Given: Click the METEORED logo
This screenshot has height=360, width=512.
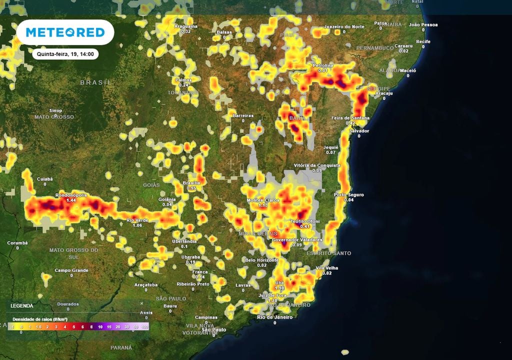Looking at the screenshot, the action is [65, 32].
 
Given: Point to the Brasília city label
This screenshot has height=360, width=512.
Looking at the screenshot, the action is [191, 183].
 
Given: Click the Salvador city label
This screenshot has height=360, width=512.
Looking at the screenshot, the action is [359, 131].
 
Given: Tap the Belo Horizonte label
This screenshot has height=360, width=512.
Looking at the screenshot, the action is [261, 260].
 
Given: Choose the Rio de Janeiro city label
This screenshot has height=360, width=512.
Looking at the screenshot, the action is [274, 317].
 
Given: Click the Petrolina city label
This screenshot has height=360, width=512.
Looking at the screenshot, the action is [322, 65].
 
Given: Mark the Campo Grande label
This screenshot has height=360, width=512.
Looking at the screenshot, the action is [71, 270].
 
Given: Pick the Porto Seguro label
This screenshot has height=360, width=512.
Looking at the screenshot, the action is [349, 195].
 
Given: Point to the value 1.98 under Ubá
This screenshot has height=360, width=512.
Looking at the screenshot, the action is [279, 288].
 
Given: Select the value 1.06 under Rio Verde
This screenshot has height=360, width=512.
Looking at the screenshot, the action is [138, 225].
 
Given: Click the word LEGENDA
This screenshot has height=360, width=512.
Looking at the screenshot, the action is [22, 305].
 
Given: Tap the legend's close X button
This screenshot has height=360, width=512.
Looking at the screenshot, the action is [141, 303].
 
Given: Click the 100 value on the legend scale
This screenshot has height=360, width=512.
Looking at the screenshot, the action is [144, 326].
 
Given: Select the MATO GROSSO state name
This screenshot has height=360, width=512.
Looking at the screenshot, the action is [54, 117].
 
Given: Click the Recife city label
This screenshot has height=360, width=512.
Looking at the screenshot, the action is [423, 41].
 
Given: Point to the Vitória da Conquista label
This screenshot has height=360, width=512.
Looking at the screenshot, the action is [317, 165].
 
